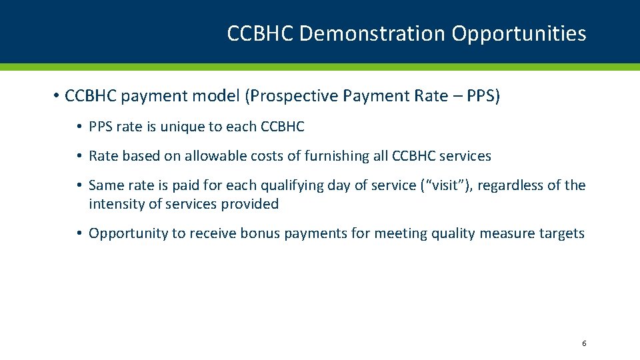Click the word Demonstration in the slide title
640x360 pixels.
(x=373, y=33)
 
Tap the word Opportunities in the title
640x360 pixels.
(x=519, y=33)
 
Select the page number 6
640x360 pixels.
(x=584, y=343)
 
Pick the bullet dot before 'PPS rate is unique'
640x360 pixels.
(x=79, y=127)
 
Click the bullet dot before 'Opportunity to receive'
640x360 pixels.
(x=79, y=233)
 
